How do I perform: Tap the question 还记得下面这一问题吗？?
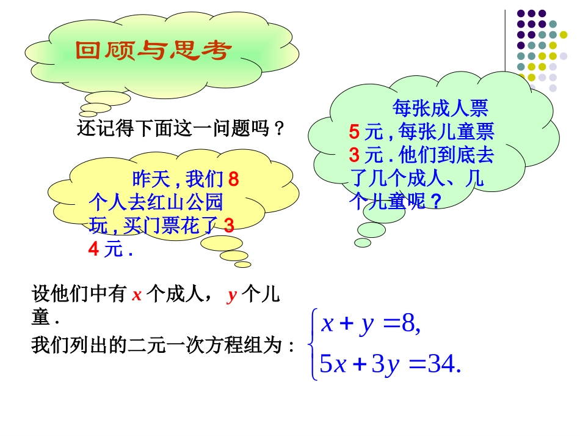(181, 128)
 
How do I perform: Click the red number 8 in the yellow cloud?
(233, 180)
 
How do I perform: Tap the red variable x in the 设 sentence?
(137, 295)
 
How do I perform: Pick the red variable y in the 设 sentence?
(231, 296)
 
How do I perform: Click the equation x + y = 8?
(371, 324)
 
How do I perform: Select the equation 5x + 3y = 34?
(390, 365)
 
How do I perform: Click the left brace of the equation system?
(314, 345)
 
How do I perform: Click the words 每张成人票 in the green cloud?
(440, 109)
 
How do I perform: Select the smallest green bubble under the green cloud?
(363, 243)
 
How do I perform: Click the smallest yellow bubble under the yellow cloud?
(243, 264)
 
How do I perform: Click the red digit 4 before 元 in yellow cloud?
(93, 249)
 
